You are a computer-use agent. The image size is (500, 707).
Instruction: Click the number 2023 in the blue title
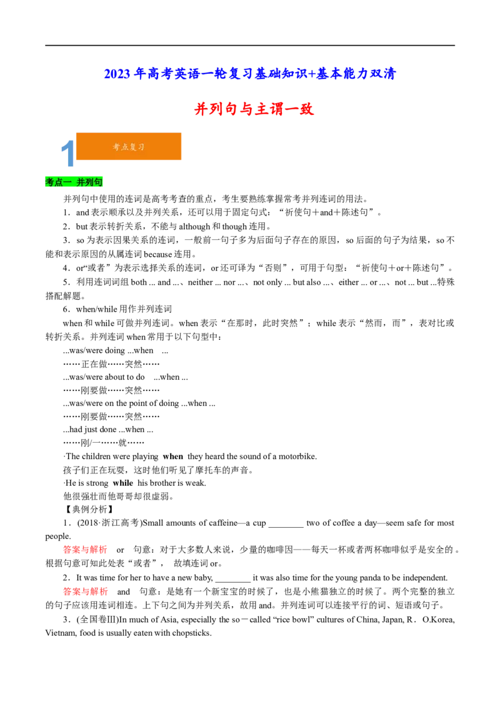[x=116, y=74]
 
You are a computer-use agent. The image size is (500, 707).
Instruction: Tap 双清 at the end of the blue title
[x=382, y=74]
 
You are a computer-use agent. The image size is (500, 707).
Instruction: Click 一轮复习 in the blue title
[x=222, y=74]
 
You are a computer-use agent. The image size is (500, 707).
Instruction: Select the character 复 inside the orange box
[x=132, y=147]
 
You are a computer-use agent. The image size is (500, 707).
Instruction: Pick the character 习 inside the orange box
[x=141, y=147]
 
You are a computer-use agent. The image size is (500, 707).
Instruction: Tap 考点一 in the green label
[x=58, y=182]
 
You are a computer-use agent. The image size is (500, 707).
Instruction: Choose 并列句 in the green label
[x=89, y=182]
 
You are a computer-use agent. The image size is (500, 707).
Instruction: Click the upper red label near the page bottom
[x=85, y=550]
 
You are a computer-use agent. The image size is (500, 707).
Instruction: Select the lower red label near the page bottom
[x=85, y=591]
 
